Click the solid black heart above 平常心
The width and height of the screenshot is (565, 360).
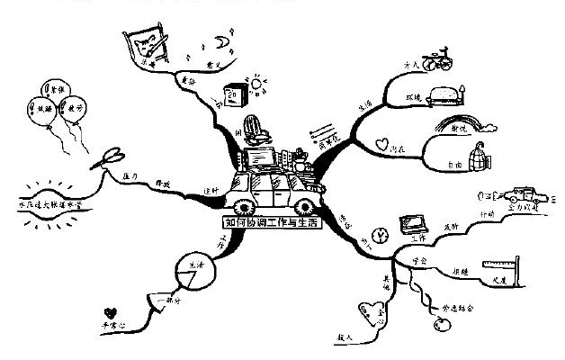111,306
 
